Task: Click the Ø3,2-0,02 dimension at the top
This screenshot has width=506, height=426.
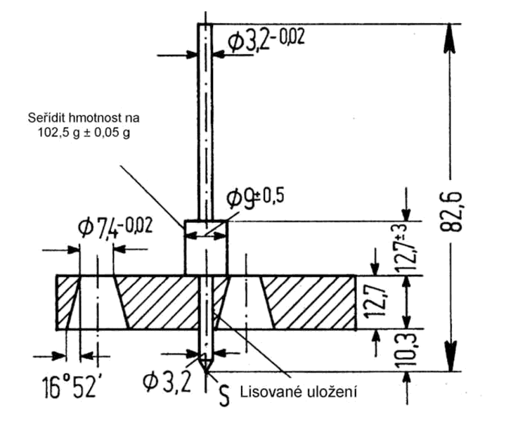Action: (266, 39)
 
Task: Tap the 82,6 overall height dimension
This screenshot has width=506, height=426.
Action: (451, 212)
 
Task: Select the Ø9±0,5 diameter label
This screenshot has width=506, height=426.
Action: (255, 198)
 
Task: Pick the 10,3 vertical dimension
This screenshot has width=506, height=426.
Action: (407, 351)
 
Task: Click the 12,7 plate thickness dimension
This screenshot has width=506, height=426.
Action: (374, 302)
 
